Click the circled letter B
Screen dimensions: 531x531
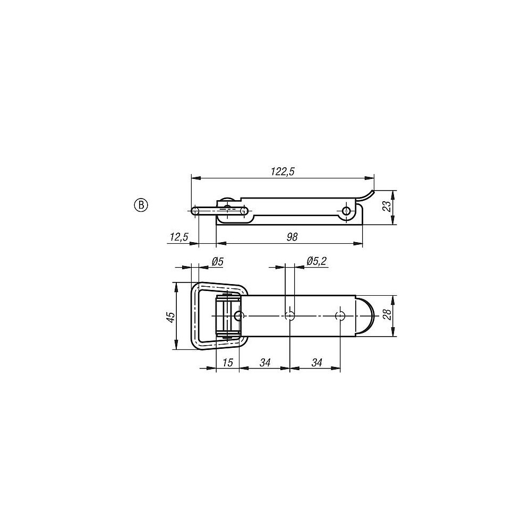pos(141,205)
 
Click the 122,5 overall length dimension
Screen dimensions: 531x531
pos(282,172)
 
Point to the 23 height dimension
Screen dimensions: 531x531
pos(387,205)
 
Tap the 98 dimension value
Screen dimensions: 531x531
pos(292,237)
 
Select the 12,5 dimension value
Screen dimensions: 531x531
pos(178,237)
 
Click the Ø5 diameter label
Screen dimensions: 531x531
pos(217,261)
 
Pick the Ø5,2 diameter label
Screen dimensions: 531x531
pos(316,261)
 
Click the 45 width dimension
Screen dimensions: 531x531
pos(171,316)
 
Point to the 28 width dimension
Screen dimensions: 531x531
pos(387,314)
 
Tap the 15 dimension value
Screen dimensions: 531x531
pos(228,362)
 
